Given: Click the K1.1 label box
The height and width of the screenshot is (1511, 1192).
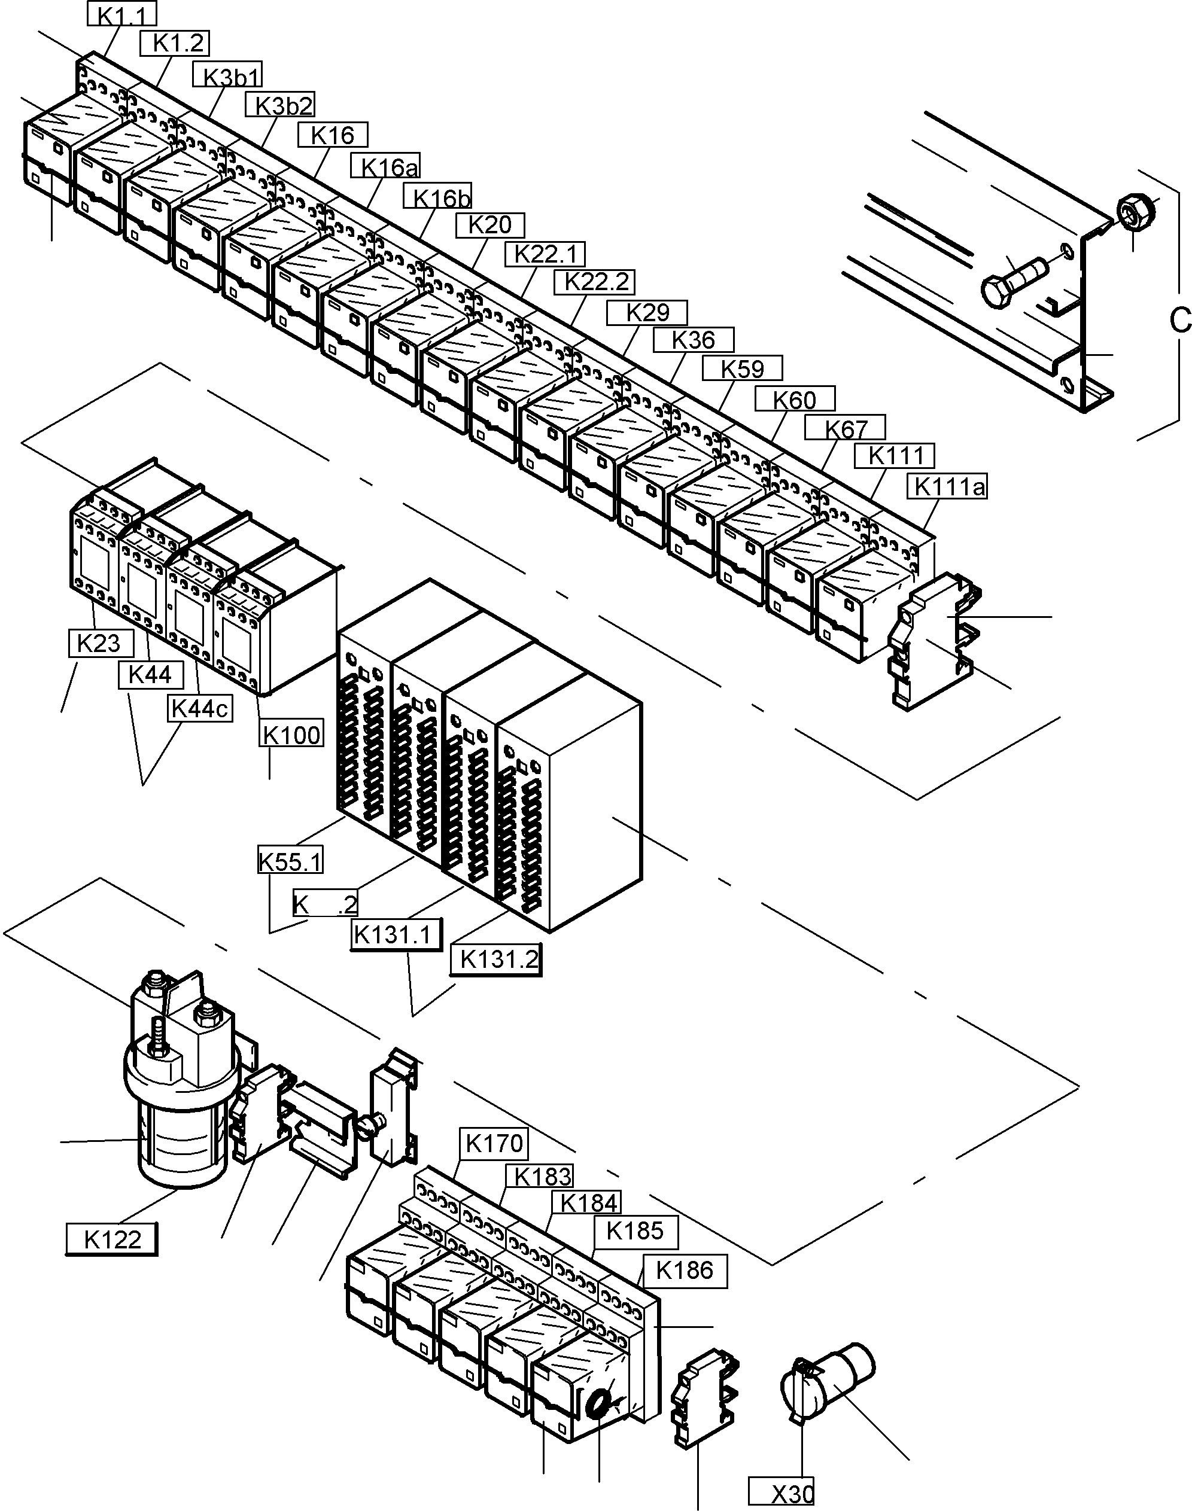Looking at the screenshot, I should tap(122, 13).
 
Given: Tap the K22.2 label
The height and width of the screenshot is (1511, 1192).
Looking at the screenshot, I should tap(594, 282).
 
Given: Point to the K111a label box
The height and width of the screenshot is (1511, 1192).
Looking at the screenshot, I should tap(948, 486).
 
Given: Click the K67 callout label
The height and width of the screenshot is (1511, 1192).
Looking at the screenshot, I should tap(844, 428).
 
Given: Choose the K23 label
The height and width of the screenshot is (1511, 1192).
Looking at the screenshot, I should tap(101, 642).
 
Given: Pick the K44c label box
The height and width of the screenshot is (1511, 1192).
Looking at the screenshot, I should tap(200, 708).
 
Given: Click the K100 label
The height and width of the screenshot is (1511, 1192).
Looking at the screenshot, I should tap(291, 735).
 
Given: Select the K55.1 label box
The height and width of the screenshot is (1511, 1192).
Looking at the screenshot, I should tap(290, 861).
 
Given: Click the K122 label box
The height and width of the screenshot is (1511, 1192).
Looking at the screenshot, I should tap(112, 1239).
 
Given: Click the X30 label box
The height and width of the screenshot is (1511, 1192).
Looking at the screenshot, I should tap(782, 1493).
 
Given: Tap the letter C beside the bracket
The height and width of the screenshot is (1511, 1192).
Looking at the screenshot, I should tap(1179, 321).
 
